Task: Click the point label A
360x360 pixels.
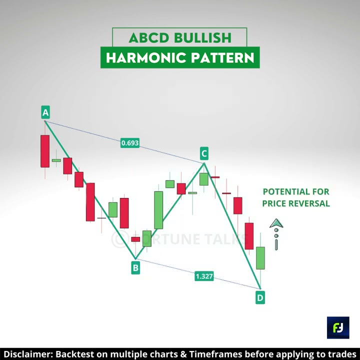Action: coord(45,112)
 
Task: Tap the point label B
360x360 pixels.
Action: coord(135,268)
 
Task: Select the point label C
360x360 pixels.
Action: coord(204,153)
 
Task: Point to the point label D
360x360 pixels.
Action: coord(260,298)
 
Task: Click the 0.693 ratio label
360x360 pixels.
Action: coord(130,143)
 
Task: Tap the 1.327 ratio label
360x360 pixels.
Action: coord(204,276)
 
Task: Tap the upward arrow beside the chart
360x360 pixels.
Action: coord(276,224)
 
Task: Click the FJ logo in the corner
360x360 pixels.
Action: coord(338,327)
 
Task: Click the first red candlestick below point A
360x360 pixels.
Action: coord(45,151)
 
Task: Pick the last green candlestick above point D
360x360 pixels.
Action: coord(260,258)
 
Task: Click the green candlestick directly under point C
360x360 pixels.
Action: coord(204,179)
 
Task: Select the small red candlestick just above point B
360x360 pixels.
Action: coord(135,239)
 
